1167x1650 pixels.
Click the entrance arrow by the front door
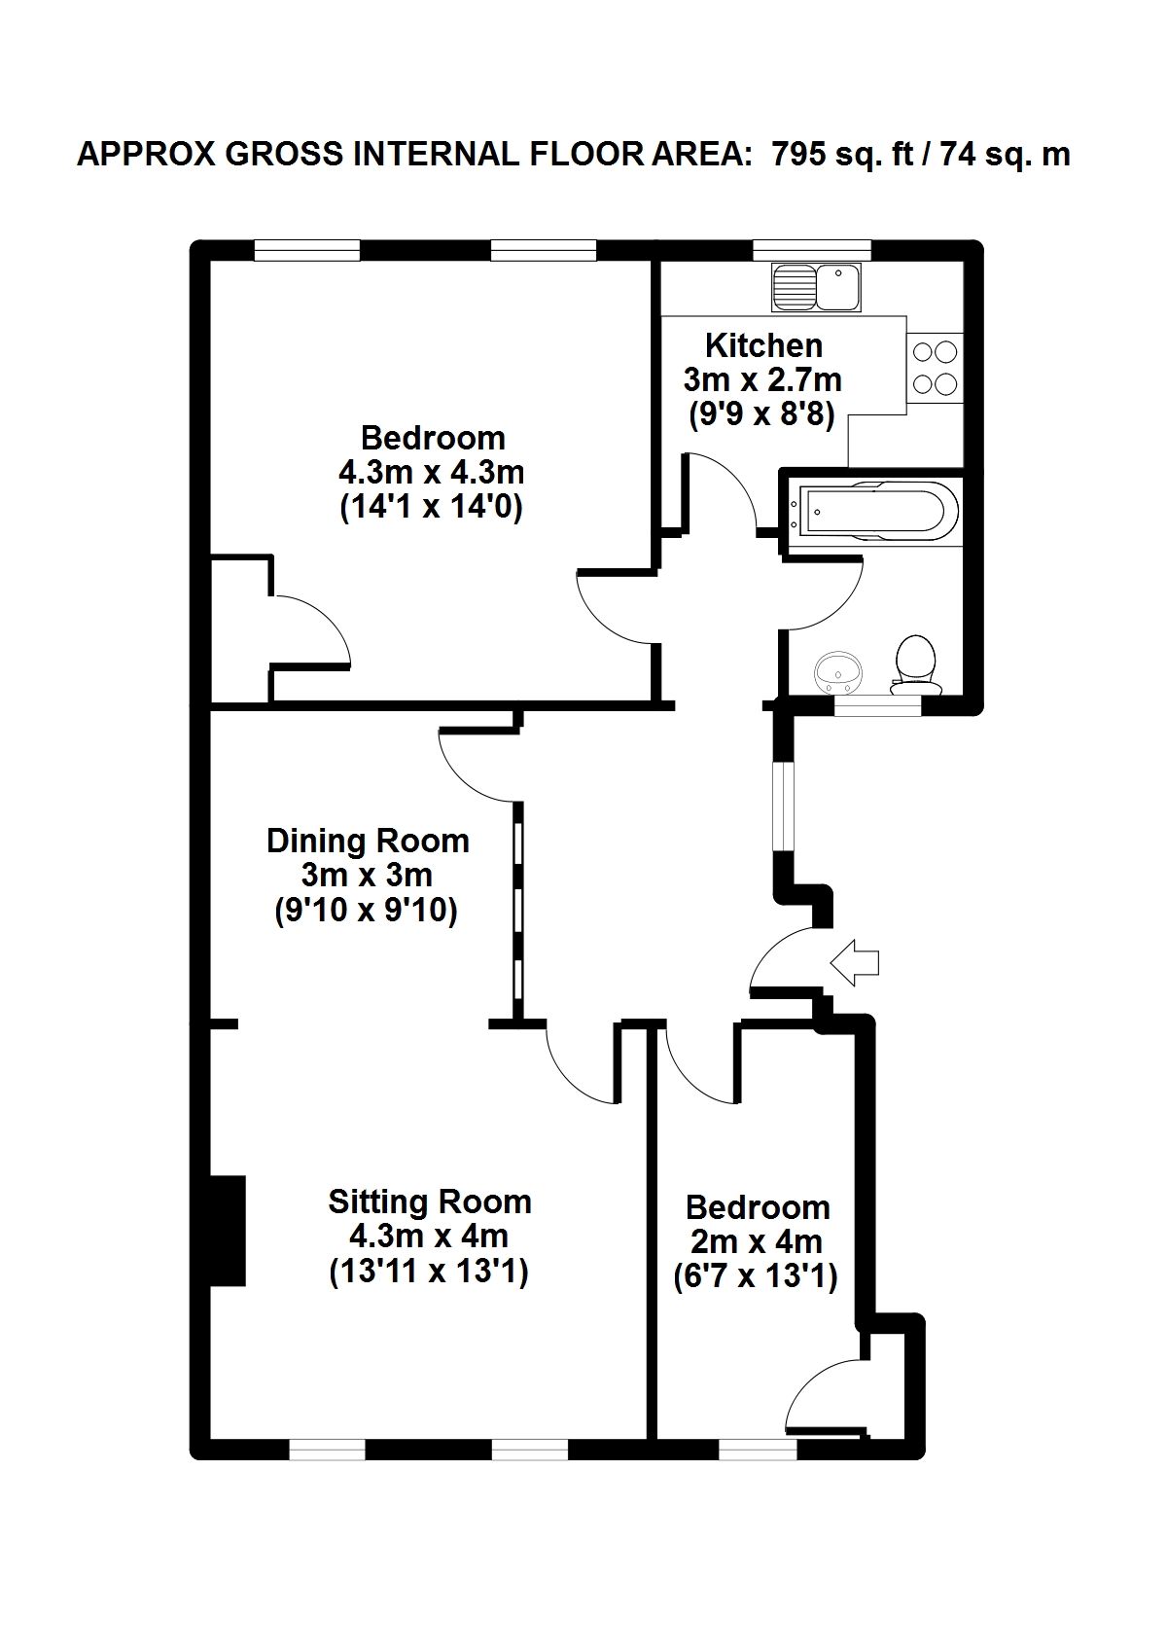854,962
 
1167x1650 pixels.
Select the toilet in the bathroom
916,665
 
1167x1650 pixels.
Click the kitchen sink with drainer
816,287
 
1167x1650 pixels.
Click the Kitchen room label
763,345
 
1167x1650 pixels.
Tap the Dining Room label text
368,841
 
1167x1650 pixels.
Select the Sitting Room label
429,1202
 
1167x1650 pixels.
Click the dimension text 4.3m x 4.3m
432,472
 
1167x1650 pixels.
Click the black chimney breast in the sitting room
228,1241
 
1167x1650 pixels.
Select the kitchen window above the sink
811,250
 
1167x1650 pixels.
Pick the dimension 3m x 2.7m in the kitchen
762,380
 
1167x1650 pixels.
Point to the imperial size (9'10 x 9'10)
366,912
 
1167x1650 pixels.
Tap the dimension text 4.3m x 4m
429,1236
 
